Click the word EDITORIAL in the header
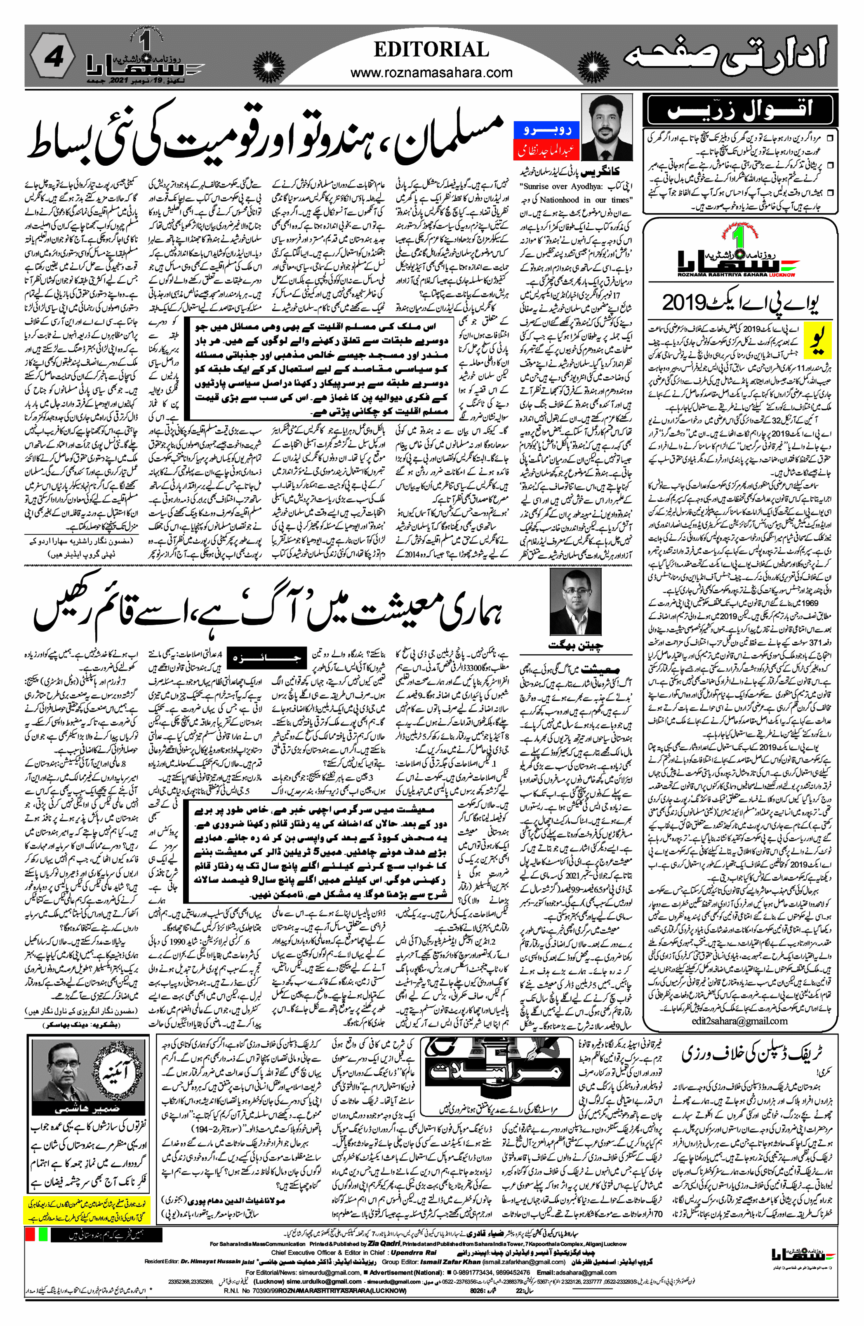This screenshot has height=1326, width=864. point(431,49)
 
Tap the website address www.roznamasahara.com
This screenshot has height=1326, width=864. point(431,73)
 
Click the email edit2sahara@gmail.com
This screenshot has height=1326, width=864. point(739,1021)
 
